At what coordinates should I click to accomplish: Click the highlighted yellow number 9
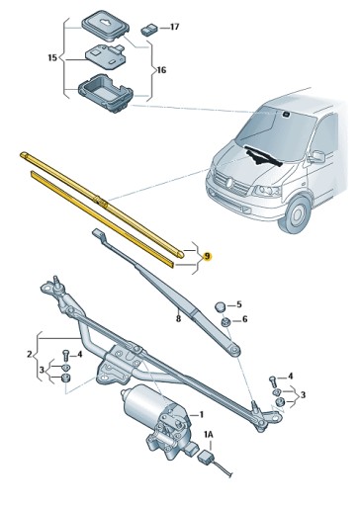(207, 255)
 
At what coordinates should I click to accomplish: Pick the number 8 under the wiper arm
(178, 318)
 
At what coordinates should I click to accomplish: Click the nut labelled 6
(225, 321)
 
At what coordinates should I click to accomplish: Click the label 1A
(208, 434)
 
